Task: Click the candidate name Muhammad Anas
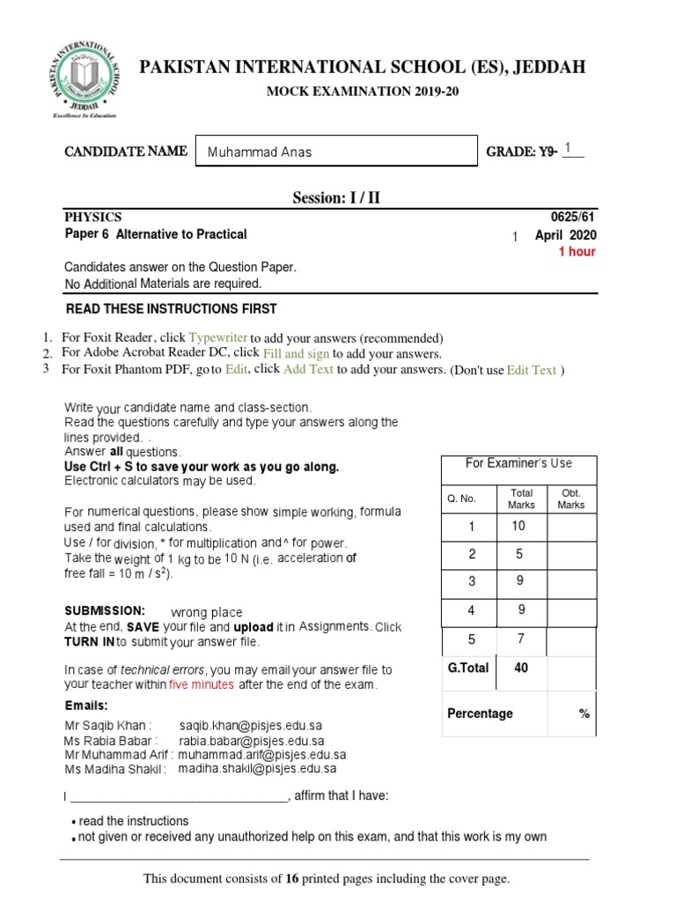tap(259, 152)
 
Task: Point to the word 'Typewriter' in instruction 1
tap(218, 338)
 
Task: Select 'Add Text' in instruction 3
tap(308, 370)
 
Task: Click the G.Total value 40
tap(521, 669)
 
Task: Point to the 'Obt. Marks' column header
tap(570, 499)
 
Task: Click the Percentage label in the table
tap(480, 713)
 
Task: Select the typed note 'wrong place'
tap(206, 612)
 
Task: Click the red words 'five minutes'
tap(202, 684)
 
